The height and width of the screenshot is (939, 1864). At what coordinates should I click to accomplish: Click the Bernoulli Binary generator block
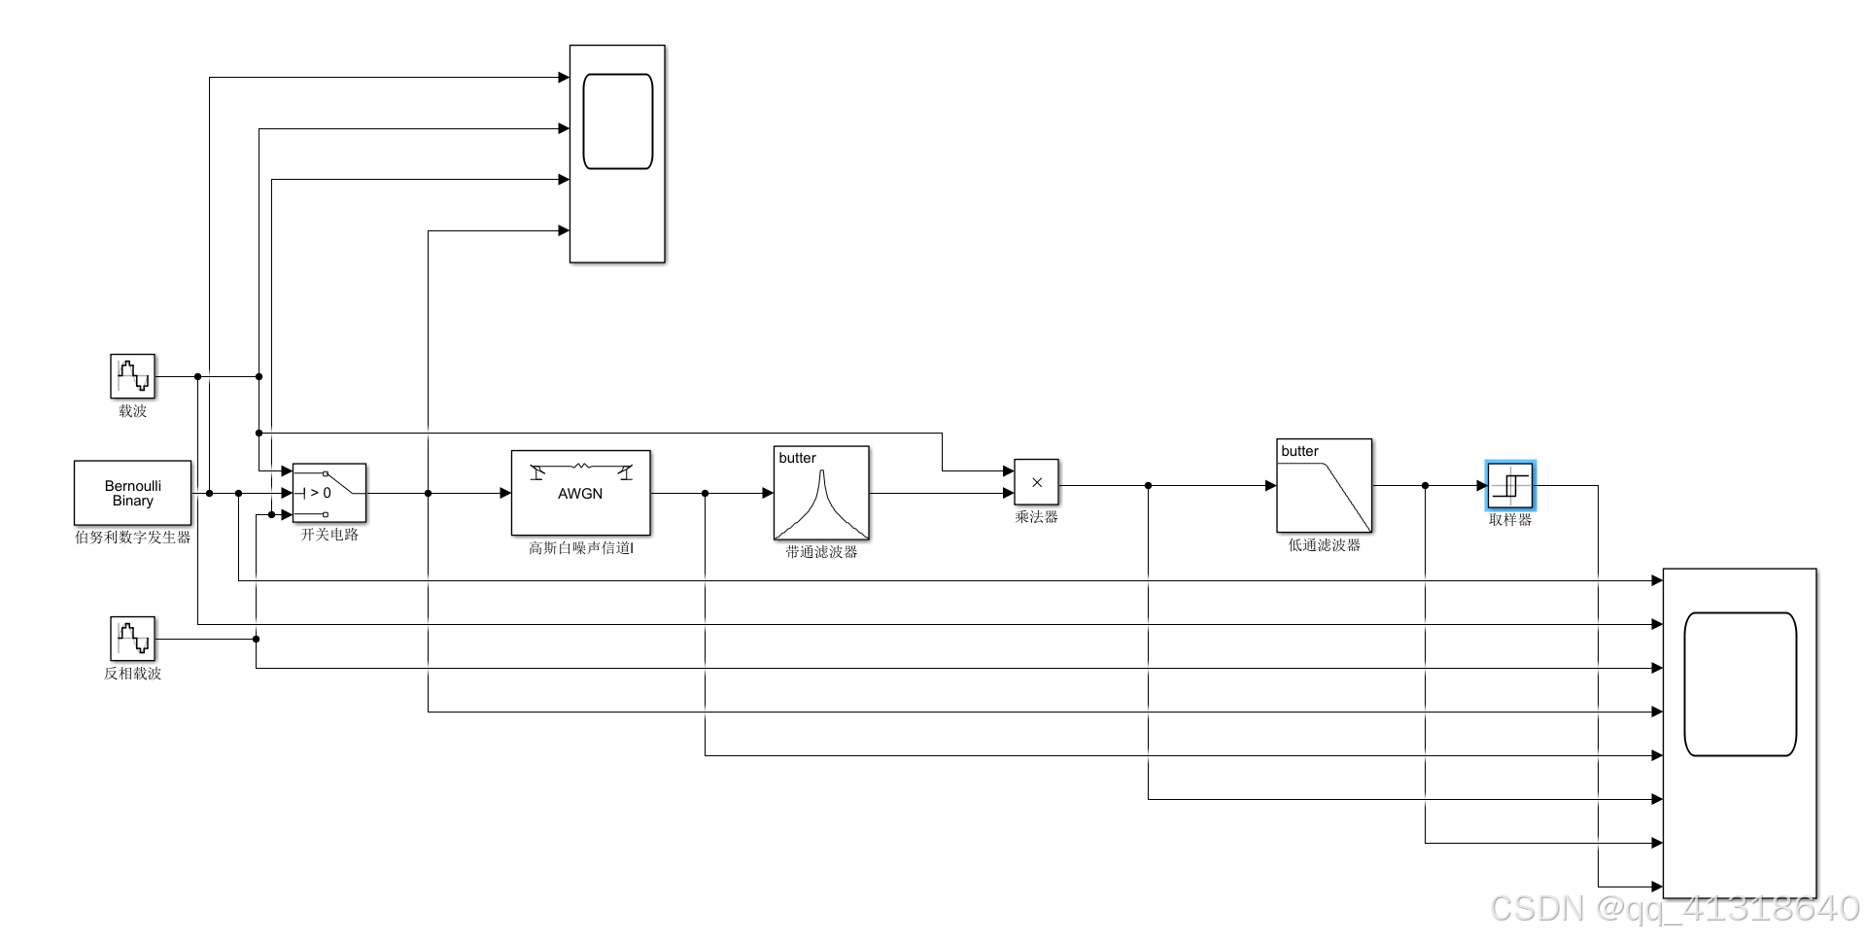[132, 493]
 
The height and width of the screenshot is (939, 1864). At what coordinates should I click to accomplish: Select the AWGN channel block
[580, 493]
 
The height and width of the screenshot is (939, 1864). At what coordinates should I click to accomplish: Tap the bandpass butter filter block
[821, 493]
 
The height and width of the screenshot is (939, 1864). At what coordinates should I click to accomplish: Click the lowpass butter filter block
[1324, 485]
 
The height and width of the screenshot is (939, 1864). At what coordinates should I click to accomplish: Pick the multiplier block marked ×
[1036, 482]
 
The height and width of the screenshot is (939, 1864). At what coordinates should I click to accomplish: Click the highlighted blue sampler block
[1510, 485]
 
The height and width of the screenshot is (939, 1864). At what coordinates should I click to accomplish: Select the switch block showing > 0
[329, 493]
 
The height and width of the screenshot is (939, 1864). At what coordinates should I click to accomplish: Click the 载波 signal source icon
[132, 376]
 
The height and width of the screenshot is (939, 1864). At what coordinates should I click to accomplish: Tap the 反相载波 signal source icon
[132, 639]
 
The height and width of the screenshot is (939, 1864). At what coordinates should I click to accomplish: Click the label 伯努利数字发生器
[132, 537]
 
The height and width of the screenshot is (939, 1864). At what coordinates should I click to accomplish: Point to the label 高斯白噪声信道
[580, 548]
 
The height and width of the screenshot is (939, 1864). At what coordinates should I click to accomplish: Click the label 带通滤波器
[821, 551]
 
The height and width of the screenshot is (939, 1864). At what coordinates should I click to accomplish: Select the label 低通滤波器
[1324, 545]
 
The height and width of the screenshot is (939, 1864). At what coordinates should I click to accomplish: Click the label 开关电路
[329, 535]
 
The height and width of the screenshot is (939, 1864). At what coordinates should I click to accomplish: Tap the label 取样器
[1510, 520]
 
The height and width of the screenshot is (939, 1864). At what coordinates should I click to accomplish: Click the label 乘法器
[1036, 517]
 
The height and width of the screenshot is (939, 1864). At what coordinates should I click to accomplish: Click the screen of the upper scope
[617, 122]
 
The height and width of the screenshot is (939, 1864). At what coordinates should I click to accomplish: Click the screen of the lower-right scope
[1740, 683]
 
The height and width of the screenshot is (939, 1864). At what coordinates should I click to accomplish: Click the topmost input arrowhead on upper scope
[564, 77]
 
